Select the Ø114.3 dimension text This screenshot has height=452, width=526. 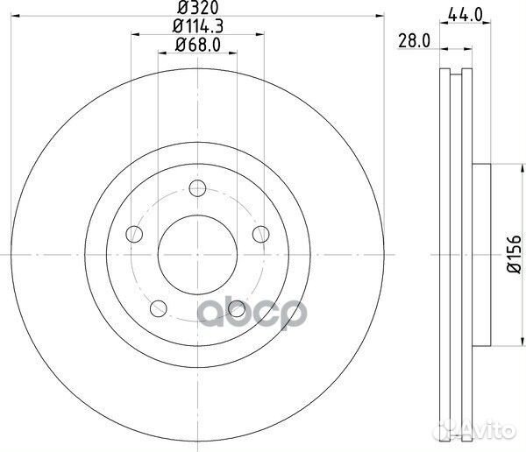[x=197, y=27]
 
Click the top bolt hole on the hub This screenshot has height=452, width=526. [x=197, y=187]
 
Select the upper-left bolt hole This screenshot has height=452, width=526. [x=134, y=233]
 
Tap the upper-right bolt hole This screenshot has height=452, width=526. [x=260, y=233]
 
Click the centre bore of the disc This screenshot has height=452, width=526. [x=197, y=254]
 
